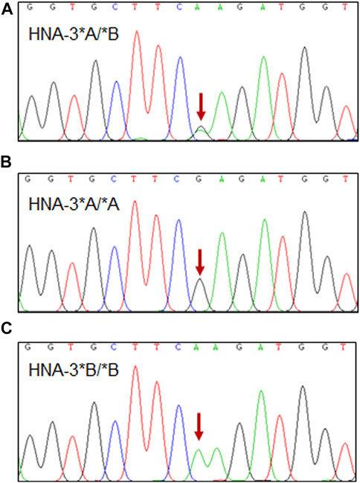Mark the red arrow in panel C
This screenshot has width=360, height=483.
tap(199, 425)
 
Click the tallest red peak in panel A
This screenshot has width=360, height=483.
tap(137, 33)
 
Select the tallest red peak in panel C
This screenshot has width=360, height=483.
tap(135, 369)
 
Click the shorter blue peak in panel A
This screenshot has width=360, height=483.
tap(116, 83)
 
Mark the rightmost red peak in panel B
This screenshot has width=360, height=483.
tap(347, 275)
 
